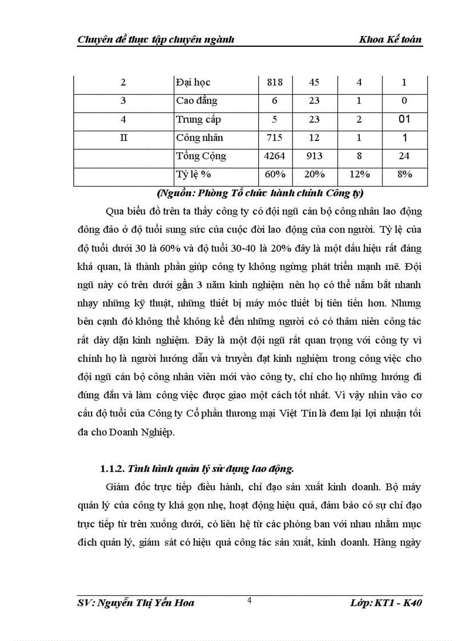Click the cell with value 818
coord(275,83)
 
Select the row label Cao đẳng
coord(196,101)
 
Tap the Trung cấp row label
coord(198,119)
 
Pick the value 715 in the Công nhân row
coord(275,138)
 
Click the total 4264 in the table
coord(275,156)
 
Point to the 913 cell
coord(314,156)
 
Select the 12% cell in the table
coord(359,175)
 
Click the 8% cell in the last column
coord(404,175)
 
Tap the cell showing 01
coord(404,119)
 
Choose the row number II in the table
coord(123,138)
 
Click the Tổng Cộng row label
coord(201,156)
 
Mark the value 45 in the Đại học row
coord(314,83)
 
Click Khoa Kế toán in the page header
coord(391,39)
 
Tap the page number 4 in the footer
coord(250,599)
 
